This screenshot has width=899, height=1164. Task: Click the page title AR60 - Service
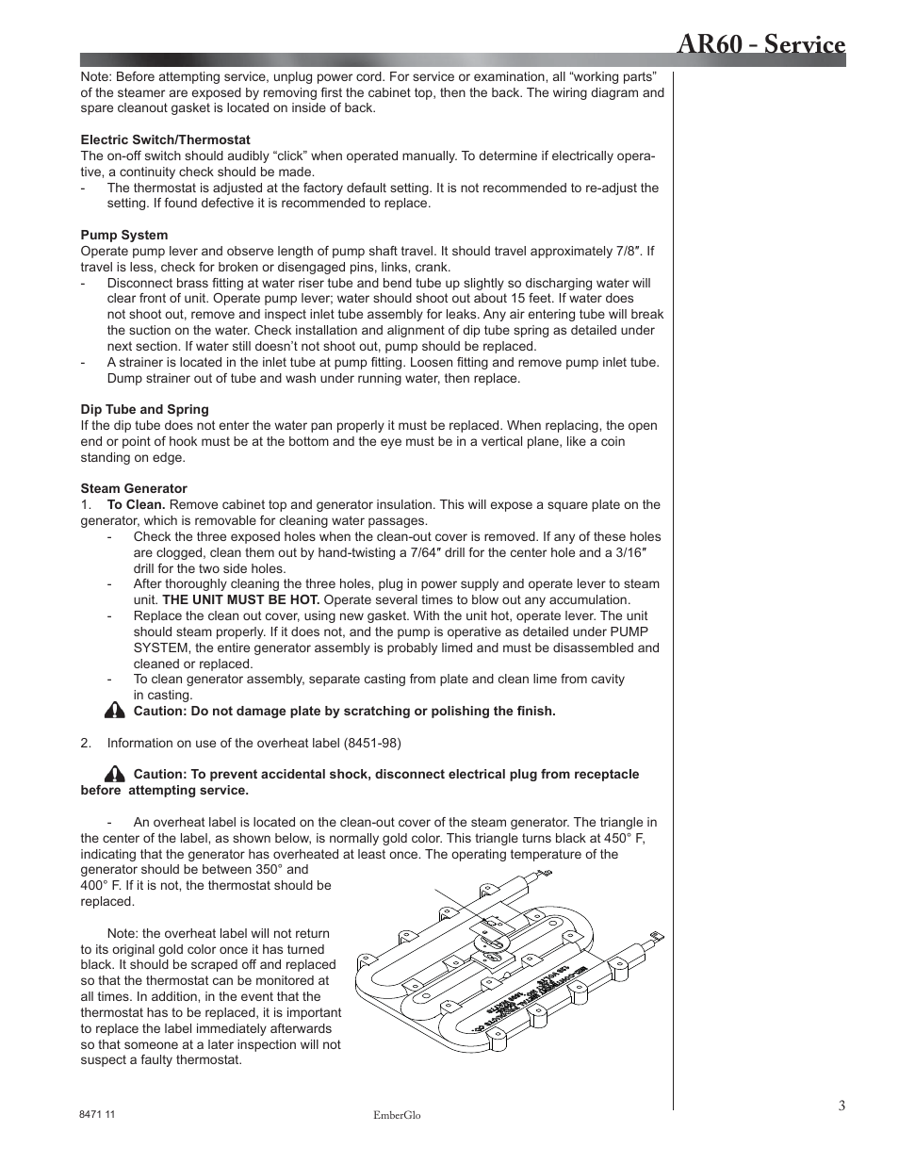(x=760, y=45)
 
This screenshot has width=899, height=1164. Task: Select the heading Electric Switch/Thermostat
(x=165, y=139)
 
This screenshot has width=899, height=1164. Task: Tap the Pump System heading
(x=123, y=235)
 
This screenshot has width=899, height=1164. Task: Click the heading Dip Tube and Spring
(x=144, y=409)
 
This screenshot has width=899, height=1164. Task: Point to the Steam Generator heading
(x=133, y=488)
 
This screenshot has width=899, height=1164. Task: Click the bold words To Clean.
(x=136, y=504)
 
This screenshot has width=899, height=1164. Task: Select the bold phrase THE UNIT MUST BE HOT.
(x=240, y=599)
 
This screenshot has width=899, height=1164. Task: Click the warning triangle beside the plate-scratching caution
(x=115, y=711)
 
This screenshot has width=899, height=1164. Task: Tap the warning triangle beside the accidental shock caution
(x=115, y=774)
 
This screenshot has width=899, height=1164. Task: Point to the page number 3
(x=842, y=1106)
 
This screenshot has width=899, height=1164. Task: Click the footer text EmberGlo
(x=397, y=1115)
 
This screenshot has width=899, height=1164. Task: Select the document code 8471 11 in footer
(x=97, y=1114)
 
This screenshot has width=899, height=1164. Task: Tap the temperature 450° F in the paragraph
(x=624, y=838)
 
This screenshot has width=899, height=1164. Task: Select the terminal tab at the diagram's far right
(x=657, y=935)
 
